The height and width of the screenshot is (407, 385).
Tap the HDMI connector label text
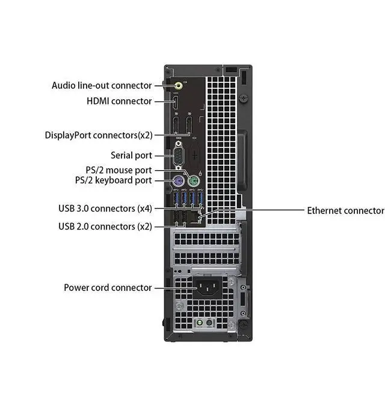(x=119, y=101)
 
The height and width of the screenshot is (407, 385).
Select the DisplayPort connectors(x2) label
(x=99, y=135)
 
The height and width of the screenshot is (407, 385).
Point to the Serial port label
(x=131, y=155)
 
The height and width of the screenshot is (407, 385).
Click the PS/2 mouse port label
(x=119, y=170)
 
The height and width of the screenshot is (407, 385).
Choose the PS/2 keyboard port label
(x=113, y=180)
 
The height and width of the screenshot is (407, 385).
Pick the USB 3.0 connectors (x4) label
(x=105, y=209)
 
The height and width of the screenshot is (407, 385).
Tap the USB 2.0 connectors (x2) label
(x=105, y=226)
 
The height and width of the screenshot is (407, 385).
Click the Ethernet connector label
(x=345, y=210)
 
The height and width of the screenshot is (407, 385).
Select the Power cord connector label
(x=108, y=287)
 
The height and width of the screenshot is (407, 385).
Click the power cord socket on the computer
(x=209, y=288)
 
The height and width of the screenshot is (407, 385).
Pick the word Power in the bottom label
(x=77, y=287)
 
